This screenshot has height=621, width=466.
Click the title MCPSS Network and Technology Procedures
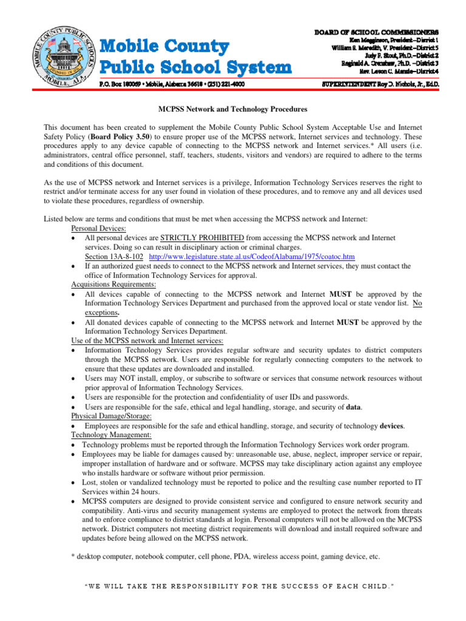point(233,109)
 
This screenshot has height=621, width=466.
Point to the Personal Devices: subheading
point(98,229)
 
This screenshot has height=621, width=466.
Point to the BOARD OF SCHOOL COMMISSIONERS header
point(376,31)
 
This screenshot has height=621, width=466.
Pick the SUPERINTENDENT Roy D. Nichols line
point(379,84)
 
